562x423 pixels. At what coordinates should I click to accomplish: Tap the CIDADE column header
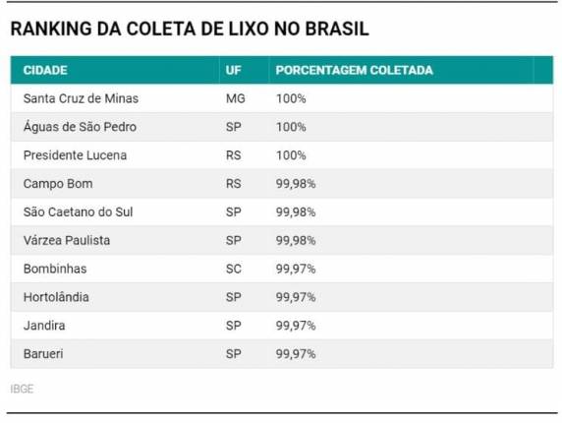coord(44,71)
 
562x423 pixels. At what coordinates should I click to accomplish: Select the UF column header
coord(234,71)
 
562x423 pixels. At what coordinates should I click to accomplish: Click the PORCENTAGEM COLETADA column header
coord(354,71)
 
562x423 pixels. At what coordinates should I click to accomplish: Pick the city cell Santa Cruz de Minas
coord(81,98)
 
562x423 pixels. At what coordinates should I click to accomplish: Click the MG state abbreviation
coord(235,98)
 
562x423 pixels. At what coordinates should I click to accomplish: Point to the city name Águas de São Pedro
coord(80,127)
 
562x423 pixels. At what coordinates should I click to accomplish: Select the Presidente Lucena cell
coord(75,155)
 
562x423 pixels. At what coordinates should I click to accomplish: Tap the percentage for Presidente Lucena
coord(291,155)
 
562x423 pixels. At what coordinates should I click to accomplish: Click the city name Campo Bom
coord(58,184)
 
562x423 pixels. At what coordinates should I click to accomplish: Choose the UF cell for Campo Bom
coord(233,184)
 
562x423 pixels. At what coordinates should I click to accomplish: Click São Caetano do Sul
coord(80,211)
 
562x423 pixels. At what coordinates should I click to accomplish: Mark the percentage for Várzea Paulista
coord(296,240)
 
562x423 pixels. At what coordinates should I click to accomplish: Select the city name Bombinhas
coord(55,269)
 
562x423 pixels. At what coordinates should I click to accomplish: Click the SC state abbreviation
coord(233,269)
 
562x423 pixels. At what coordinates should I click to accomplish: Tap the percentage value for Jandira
coord(296,325)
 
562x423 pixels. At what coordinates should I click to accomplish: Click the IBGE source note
coord(22,389)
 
